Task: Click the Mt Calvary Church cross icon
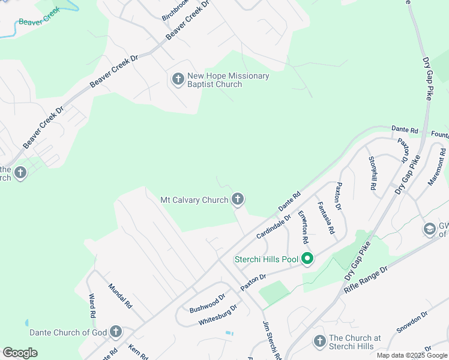click(238, 199)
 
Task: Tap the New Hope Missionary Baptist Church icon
click(178, 79)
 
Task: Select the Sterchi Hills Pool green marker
click(307, 259)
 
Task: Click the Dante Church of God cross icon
click(115, 332)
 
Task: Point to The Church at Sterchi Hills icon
click(319, 341)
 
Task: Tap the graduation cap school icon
click(430, 229)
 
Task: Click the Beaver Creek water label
click(40, 17)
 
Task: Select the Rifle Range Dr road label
click(367, 279)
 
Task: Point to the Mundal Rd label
click(119, 296)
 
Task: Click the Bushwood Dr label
click(207, 303)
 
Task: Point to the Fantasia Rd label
click(326, 218)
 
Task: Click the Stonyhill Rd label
click(372, 173)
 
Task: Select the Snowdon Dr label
click(412, 322)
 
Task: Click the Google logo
click(20, 353)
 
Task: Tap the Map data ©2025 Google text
click(412, 355)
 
